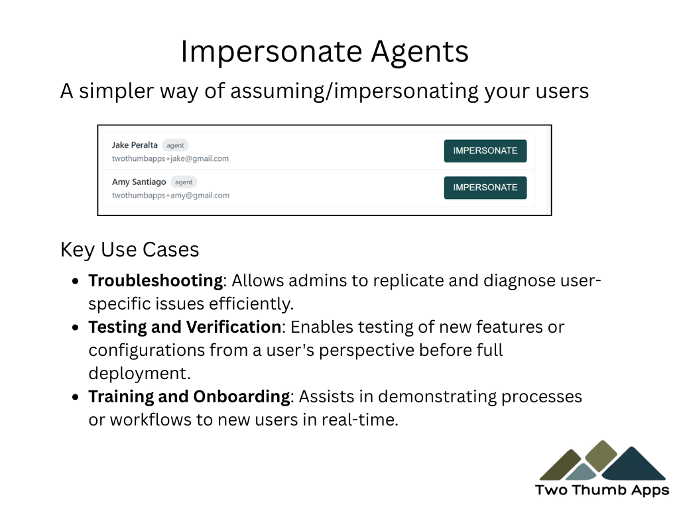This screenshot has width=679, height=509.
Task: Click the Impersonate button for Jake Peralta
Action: click(x=485, y=151)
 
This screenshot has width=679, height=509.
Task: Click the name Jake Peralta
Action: click(x=135, y=145)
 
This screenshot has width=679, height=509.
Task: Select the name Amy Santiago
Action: click(x=139, y=182)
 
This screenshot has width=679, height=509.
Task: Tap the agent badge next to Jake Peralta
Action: click(x=175, y=145)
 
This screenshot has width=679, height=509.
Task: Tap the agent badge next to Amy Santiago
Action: click(x=184, y=182)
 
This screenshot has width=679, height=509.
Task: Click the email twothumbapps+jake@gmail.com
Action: click(x=170, y=158)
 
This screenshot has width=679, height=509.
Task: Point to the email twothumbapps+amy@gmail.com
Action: click(x=170, y=196)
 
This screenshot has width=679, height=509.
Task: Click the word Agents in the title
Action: click(x=420, y=52)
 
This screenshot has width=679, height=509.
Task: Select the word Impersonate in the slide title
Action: click(x=271, y=52)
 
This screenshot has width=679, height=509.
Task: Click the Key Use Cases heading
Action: click(x=129, y=250)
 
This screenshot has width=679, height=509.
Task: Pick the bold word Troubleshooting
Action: click(x=155, y=281)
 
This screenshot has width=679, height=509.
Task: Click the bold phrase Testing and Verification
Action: click(x=185, y=327)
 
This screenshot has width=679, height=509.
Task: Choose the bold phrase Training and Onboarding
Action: click(x=189, y=397)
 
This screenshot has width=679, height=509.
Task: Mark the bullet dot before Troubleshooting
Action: click(x=76, y=281)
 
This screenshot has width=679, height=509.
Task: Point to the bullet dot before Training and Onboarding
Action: click(x=76, y=397)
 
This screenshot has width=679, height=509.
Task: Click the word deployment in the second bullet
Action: click(x=139, y=374)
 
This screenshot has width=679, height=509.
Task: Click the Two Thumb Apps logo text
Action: click(x=602, y=490)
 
